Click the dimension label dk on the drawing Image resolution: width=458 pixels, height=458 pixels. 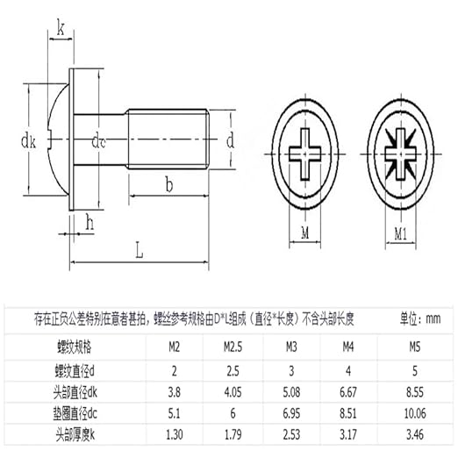(x=26, y=139)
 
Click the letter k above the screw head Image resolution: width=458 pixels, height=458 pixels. (x=60, y=29)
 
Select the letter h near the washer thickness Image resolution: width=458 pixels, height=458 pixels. (x=90, y=225)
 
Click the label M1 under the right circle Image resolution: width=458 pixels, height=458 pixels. (x=399, y=233)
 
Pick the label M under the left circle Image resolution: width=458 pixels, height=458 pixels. (x=304, y=233)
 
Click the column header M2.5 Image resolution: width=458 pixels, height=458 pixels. (x=233, y=347)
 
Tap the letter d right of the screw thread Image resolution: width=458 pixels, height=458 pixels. (x=231, y=140)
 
